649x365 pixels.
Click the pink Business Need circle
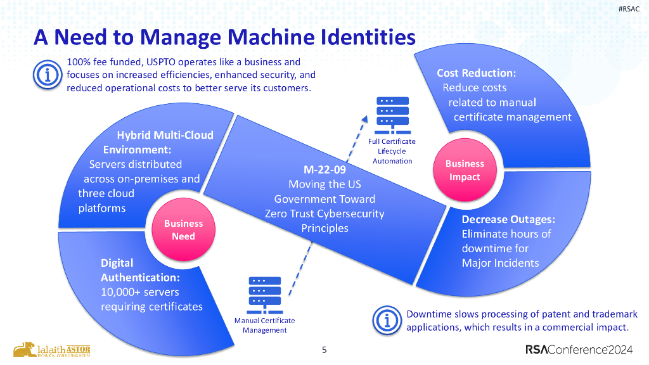tap(183, 230)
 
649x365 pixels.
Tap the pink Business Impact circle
tap(465, 170)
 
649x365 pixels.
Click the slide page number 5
tap(324, 349)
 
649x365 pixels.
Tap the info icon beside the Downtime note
tap(387, 321)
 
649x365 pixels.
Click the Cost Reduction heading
tap(476, 73)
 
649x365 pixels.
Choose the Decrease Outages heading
tap(508, 219)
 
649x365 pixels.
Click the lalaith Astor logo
tap(52, 350)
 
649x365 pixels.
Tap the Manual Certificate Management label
tap(264, 325)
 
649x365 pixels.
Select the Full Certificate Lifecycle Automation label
tap(392, 151)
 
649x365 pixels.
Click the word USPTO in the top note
tap(171, 62)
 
